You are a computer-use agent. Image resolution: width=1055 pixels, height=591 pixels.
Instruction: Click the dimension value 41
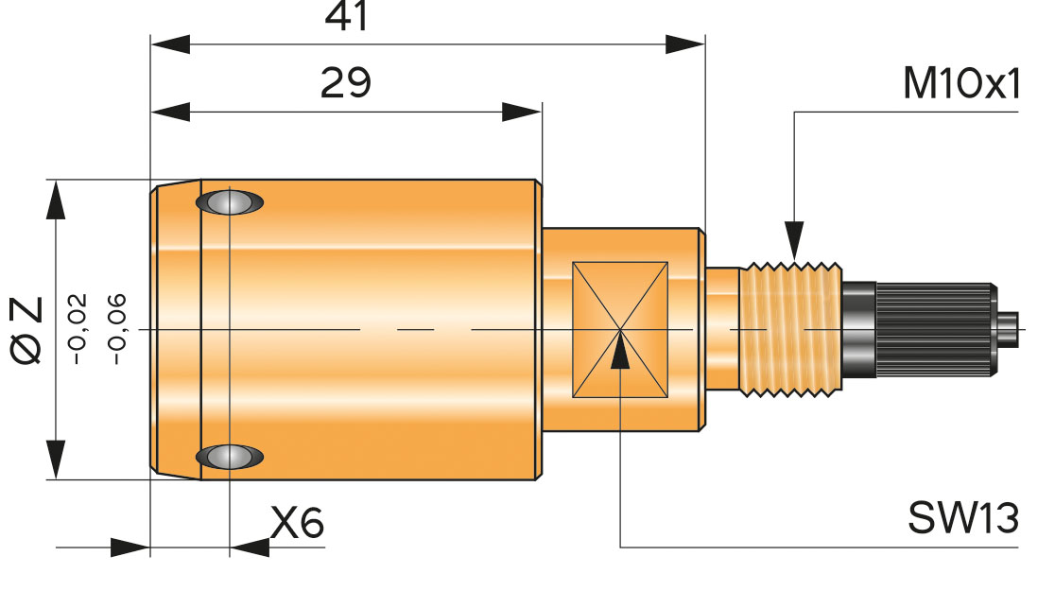[346, 17]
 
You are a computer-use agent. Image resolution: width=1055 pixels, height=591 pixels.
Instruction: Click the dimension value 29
[346, 83]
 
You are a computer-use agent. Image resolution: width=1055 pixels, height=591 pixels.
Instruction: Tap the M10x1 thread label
[961, 85]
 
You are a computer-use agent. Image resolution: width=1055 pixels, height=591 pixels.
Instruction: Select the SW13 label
[963, 518]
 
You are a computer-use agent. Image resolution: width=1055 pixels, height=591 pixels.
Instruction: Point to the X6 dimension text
[297, 523]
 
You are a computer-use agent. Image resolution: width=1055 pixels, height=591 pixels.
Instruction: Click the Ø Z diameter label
[28, 329]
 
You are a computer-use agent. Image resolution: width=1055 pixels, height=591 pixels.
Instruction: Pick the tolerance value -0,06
[116, 329]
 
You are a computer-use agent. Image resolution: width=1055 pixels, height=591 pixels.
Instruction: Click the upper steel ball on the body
[228, 202]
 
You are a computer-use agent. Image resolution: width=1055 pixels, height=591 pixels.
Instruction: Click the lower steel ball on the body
[228, 457]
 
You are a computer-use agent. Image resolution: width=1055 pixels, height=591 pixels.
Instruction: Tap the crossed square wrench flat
[620, 329]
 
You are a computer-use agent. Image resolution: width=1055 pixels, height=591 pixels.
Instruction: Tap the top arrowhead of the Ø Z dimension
[57, 199]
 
